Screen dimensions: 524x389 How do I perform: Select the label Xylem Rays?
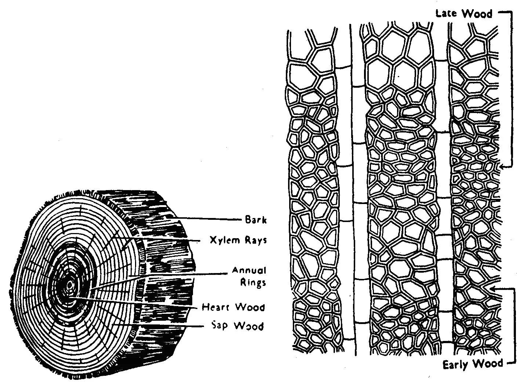coord(238,240)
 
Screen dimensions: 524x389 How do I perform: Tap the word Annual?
coord(249,271)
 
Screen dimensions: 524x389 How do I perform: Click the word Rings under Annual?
coord(253,283)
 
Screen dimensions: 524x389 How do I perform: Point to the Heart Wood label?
coord(233,307)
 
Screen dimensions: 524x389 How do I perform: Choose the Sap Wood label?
coord(237,326)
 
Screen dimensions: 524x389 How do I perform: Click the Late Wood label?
coord(463,14)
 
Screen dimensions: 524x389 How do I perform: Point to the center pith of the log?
coord(69,284)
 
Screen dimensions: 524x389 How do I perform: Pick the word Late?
coord(446,14)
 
